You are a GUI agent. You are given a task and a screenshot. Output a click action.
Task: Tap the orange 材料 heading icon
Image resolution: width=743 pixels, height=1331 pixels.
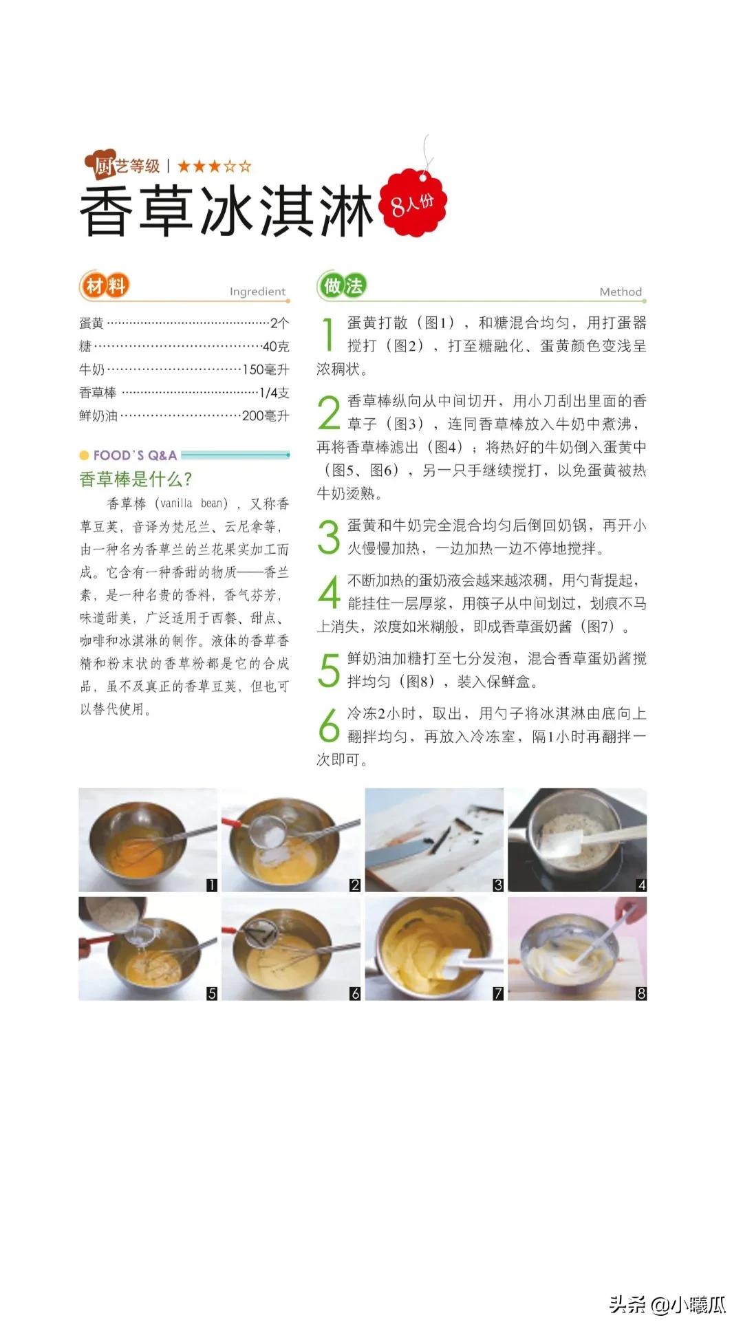(x=105, y=285)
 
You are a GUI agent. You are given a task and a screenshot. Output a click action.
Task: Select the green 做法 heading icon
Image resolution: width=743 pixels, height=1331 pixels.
(x=342, y=285)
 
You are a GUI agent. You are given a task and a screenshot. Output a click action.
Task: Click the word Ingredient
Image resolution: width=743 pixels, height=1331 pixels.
(x=257, y=292)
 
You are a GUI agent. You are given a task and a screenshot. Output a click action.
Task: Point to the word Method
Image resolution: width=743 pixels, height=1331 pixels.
(x=620, y=292)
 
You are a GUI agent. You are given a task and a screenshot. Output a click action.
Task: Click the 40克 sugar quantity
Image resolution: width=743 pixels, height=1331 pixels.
(x=276, y=347)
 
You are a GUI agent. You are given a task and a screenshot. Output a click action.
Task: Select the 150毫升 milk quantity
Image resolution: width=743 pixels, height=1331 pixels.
(x=266, y=369)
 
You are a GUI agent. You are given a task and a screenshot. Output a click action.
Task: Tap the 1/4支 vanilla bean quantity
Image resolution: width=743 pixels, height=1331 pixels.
(x=274, y=393)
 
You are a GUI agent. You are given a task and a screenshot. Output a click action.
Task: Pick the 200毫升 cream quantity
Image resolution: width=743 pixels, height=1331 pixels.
(x=266, y=415)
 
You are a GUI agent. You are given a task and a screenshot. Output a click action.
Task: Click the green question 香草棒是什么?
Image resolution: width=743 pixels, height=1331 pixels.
(x=136, y=479)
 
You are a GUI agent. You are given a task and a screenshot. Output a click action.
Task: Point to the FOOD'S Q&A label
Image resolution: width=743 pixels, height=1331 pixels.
(x=135, y=455)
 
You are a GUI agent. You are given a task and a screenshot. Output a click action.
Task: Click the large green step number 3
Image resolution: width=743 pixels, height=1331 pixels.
(x=329, y=537)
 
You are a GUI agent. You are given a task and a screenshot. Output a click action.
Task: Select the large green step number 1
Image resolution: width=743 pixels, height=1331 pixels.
(x=329, y=334)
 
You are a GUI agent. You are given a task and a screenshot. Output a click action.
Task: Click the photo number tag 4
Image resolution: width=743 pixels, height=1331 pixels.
(x=641, y=885)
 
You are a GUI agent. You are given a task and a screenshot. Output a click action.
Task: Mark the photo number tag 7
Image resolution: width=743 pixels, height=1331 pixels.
(x=498, y=993)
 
